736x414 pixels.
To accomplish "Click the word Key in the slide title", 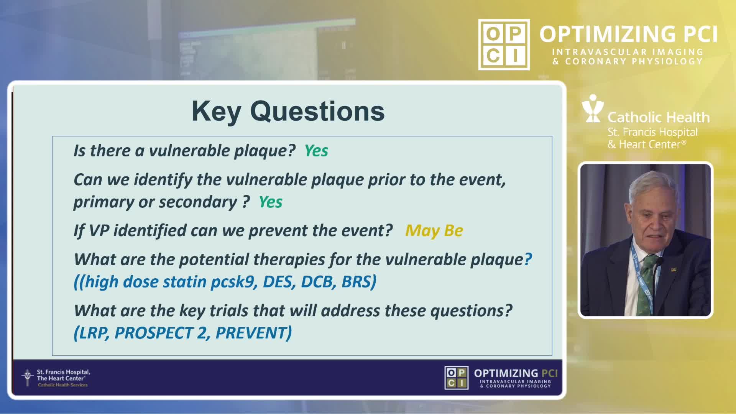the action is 217,112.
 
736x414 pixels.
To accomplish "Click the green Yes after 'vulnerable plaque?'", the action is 316,151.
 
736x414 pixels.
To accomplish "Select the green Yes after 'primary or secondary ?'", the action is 270,202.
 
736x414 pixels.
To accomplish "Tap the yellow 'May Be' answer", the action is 434,230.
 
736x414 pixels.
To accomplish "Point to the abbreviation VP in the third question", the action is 99,230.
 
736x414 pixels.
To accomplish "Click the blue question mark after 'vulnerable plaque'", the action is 528,260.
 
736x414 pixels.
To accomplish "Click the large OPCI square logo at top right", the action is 504,44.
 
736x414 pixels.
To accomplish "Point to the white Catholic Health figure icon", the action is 593,108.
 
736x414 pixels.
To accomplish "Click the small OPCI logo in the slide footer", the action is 456,378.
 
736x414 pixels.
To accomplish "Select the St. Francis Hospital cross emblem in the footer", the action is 27,378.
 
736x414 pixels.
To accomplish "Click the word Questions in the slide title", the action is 317,112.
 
